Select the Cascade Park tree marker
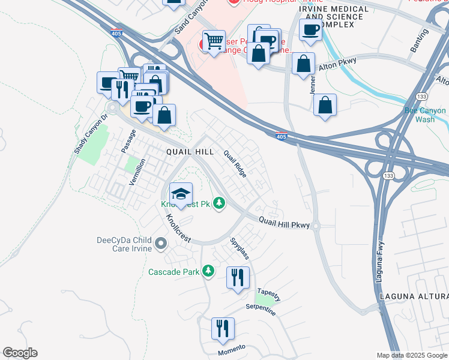click(x=208, y=272)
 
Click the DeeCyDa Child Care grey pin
click(x=160, y=244)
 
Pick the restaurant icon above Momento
click(x=223, y=329)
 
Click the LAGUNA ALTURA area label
click(x=414, y=297)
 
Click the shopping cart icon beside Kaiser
click(x=213, y=41)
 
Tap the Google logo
click(x=20, y=353)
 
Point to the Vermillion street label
click(x=136, y=171)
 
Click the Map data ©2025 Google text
click(x=411, y=355)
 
